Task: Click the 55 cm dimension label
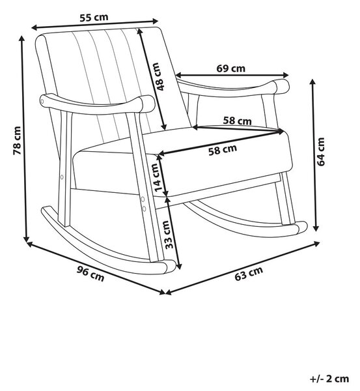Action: pos(94,18)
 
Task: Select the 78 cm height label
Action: pos(17,141)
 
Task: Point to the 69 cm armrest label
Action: pos(230,68)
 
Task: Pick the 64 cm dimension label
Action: pos(321,152)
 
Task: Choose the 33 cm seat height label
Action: pos(169,235)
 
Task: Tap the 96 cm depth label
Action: pos(90,274)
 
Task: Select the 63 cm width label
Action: pos(249,273)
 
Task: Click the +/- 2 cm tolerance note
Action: pos(329,379)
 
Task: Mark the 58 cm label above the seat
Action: pos(237,121)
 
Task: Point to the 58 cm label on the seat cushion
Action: pos(223,150)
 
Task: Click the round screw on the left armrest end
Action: pos(42,101)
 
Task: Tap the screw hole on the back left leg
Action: pos(62,177)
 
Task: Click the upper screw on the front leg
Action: pos(143,199)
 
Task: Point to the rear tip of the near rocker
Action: pos(45,209)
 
